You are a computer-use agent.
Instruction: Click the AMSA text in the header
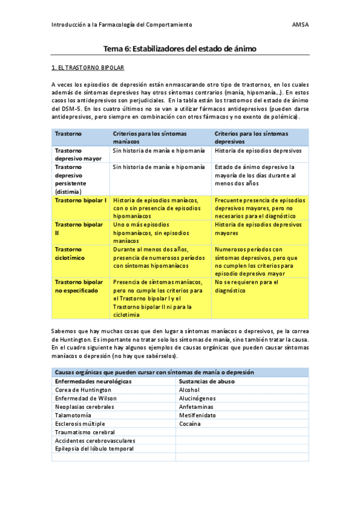point(300,25)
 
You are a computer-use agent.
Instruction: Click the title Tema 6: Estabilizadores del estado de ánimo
point(180,49)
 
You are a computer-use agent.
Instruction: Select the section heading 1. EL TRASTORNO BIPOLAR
point(88,69)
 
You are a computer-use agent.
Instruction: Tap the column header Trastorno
point(69,133)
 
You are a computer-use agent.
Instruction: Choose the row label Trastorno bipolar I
point(81,200)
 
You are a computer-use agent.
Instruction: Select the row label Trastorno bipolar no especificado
point(79,286)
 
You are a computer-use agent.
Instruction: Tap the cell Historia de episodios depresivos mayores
point(257,229)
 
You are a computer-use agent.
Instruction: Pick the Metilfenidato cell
point(197,415)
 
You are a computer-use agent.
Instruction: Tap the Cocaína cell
point(189,423)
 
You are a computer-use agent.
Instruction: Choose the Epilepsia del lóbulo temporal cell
point(94,449)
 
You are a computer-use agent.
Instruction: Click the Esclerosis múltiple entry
point(81,423)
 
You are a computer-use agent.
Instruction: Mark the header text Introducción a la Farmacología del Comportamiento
point(122,25)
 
